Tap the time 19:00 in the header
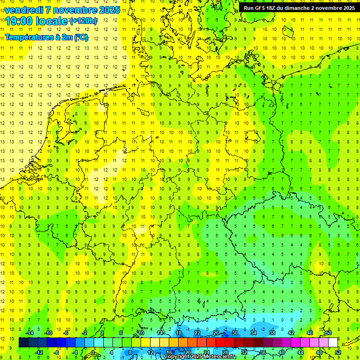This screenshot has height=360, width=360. click(x=19, y=21)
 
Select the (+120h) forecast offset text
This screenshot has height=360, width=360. click(x=83, y=21)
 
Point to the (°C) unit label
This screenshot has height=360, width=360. click(x=81, y=37)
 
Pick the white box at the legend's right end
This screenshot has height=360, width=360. click(x=333, y=343)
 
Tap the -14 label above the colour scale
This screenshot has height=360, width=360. click(x=29, y=333)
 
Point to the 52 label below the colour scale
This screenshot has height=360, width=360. click(x=338, y=352)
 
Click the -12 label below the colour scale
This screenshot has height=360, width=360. click(x=38, y=352)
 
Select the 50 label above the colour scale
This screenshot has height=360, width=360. click(x=329, y=333)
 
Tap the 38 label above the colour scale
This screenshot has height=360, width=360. click(x=272, y=333)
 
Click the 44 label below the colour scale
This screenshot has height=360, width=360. click(x=300, y=352)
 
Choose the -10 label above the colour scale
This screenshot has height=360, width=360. click(x=48, y=333)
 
